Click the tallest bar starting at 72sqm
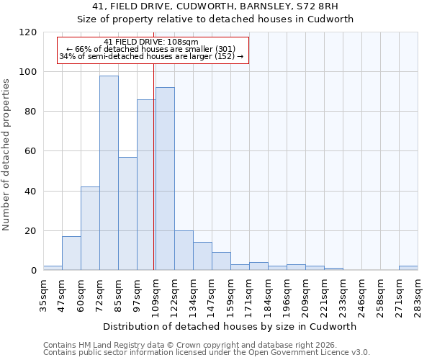coord(109,173)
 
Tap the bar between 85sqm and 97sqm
coord(127,214)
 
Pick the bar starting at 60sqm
coord(90,228)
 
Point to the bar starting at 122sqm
coord(184,251)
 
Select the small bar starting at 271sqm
coord(408,268)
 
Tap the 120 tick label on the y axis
coord(28,32)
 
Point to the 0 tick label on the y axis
coord(34,271)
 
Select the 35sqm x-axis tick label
coord(43,293)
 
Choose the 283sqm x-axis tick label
coord(418,293)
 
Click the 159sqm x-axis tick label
coord(230,293)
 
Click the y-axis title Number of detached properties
coord(7,155)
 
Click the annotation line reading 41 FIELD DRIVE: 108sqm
coord(151,42)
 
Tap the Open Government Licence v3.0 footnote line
coord(207,352)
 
